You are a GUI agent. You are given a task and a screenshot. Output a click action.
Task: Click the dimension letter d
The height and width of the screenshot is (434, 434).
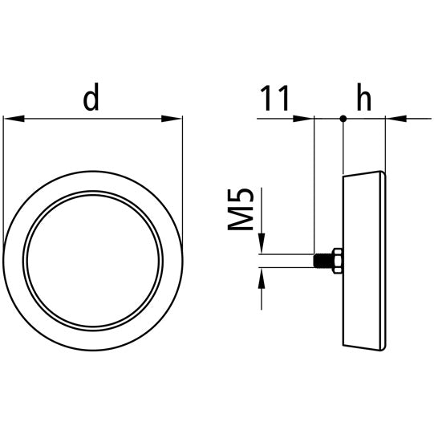[x=92, y=98]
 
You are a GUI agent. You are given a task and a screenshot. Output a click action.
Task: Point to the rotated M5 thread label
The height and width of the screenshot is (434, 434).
[x=241, y=210]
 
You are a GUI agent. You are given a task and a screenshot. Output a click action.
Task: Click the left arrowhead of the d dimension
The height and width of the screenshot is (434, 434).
[x=13, y=120]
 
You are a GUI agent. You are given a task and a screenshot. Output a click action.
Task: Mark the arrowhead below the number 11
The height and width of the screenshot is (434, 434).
[x=304, y=120]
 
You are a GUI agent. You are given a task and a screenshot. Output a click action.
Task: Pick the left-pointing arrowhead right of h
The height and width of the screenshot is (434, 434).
[x=395, y=120]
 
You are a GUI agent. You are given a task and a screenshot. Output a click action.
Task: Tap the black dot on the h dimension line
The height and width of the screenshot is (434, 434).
[x=343, y=120]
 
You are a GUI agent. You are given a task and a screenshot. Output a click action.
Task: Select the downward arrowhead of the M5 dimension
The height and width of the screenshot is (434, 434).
[x=262, y=245]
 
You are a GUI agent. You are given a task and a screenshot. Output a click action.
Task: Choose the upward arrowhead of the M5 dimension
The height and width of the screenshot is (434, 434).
[x=262, y=277]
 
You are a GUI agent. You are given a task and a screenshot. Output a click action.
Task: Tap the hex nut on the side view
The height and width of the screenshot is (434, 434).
[x=336, y=261]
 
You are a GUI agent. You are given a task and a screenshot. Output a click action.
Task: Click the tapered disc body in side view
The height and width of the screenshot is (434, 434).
[x=363, y=261]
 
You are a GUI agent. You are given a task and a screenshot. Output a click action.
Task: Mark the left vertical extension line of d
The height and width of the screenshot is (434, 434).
[x=3, y=185]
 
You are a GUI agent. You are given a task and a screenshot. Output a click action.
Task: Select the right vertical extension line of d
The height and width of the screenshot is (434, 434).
[x=183, y=185]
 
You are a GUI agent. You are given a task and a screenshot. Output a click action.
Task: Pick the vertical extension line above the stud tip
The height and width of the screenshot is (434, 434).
[x=314, y=185]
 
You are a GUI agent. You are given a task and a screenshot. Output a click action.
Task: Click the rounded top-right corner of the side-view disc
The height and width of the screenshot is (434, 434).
[x=383, y=173]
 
